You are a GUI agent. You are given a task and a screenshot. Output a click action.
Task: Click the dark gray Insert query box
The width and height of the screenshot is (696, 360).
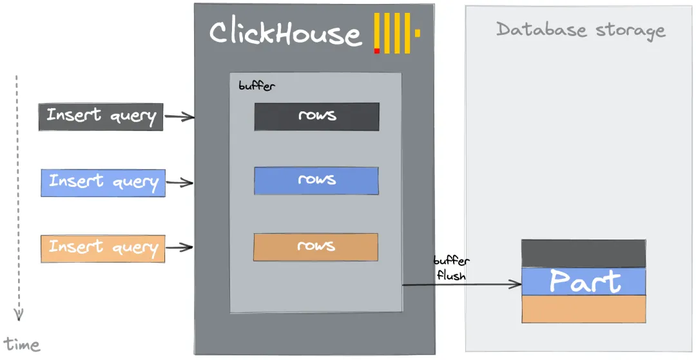click(101, 117)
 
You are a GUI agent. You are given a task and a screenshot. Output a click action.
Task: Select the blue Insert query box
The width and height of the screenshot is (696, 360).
click(103, 183)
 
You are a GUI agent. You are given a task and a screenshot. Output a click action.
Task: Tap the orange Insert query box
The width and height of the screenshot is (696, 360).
click(103, 249)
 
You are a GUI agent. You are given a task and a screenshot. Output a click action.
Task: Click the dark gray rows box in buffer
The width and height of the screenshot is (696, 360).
click(316, 117)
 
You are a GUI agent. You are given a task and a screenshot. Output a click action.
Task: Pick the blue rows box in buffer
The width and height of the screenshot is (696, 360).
click(316, 181)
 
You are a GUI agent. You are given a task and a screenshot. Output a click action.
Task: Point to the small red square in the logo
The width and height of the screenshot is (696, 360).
click(377, 50)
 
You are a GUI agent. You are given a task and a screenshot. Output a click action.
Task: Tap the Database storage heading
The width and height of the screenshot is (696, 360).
click(581, 30)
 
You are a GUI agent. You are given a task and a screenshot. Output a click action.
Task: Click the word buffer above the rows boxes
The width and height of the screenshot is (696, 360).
click(256, 86)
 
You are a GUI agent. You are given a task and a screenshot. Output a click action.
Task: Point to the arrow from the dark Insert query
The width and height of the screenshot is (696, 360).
click(179, 117)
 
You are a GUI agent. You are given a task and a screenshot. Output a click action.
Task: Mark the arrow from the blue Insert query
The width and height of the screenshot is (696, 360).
click(180, 183)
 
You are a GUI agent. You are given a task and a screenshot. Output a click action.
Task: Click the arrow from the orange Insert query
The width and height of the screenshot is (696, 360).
click(180, 247)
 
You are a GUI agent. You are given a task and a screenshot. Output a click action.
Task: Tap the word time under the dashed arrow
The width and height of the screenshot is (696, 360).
click(22, 345)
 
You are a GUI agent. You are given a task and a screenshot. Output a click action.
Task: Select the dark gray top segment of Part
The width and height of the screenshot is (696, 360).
click(583, 253)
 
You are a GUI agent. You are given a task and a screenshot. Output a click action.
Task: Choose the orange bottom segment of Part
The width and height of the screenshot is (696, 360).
click(583, 309)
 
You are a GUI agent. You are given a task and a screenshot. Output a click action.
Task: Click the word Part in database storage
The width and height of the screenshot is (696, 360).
click(585, 282)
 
